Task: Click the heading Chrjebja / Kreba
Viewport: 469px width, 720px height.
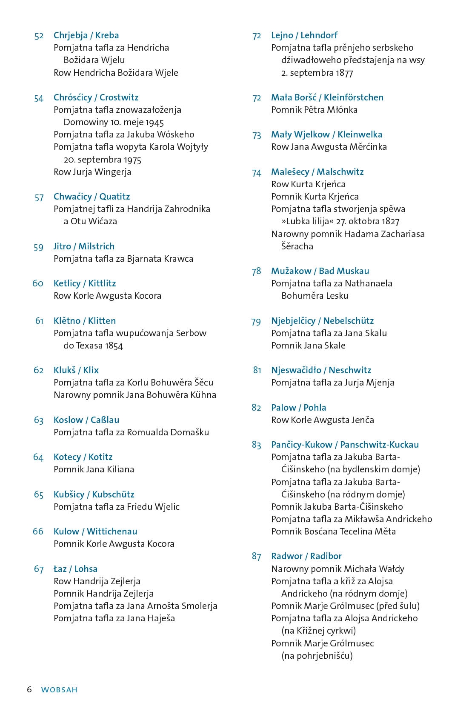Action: point(86,35)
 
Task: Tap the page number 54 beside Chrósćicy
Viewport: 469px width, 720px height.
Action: point(39,98)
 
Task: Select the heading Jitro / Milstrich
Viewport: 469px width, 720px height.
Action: point(84,246)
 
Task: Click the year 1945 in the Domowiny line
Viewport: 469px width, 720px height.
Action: point(154,123)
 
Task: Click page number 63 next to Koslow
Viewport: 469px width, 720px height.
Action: point(39,420)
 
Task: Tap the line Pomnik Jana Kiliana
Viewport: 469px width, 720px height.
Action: point(94,469)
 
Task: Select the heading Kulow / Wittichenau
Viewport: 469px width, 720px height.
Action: point(95,531)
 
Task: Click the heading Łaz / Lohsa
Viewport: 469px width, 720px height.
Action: point(75,569)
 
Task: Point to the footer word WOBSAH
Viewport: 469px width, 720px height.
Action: point(59,690)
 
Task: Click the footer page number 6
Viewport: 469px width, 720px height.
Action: point(29,689)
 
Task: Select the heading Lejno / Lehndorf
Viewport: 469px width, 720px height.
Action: point(304,35)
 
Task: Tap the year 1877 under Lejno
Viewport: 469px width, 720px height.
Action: point(344,73)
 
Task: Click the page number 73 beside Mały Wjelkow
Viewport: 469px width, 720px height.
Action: point(257,135)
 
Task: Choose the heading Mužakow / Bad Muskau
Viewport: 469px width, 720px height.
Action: point(320,271)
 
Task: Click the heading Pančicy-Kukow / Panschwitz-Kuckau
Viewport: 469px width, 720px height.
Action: point(345,445)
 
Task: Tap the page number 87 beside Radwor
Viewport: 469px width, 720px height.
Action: point(256,557)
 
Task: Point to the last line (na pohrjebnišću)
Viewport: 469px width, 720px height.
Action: point(317,656)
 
